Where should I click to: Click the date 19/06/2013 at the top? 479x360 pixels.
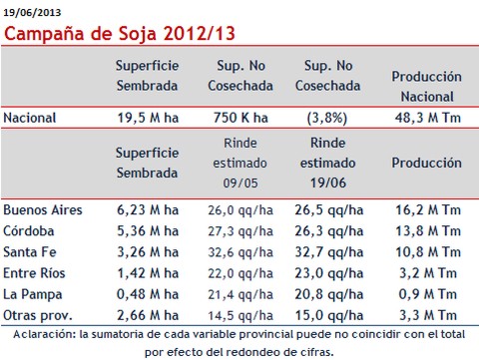tap(32, 13)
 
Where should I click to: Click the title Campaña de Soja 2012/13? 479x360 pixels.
tap(120, 34)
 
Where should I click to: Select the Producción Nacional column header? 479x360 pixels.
tap(427, 87)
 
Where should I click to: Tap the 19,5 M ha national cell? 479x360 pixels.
tap(148, 118)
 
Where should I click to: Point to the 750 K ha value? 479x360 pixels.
tap(240, 118)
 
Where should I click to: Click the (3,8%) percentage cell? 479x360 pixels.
tap(327, 118)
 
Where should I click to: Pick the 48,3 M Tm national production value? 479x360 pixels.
tap(428, 118)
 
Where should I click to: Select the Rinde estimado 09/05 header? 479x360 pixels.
tap(240, 163)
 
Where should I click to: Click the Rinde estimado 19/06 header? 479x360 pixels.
tap(328, 163)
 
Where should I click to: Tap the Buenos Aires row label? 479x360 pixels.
tap(43, 210)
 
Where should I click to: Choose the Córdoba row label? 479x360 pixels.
tap(29, 231)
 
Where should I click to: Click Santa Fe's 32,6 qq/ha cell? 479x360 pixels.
tap(240, 252)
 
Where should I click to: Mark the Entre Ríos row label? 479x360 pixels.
tap(34, 273)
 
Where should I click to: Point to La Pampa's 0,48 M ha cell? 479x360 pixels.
tap(148, 294)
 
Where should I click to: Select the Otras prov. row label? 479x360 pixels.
tap(38, 315)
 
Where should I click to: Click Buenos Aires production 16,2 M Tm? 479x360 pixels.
tap(428, 210)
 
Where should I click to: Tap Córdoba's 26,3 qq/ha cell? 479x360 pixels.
tap(328, 231)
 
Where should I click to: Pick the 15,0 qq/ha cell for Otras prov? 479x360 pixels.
tap(328, 315)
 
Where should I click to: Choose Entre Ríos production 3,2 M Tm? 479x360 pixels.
tap(428, 273)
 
